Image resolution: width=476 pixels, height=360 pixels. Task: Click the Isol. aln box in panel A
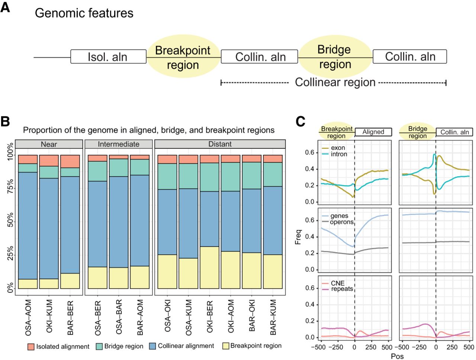[x=108, y=57]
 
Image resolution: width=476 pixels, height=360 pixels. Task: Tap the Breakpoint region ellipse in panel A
[x=183, y=57]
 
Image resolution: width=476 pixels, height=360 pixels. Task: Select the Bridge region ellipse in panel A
[x=335, y=57]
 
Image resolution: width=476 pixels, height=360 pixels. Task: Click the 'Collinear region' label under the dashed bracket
[x=335, y=82]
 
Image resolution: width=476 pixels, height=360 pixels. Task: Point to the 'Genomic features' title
[x=84, y=13]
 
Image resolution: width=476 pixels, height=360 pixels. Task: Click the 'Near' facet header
[x=49, y=144]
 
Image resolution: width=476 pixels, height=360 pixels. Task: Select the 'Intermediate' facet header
[x=119, y=144]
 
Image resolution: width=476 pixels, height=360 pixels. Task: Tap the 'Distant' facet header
[x=220, y=144]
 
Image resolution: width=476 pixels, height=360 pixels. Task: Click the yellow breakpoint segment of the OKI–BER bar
[x=209, y=267]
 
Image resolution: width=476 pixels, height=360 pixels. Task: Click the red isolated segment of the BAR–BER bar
[x=70, y=161]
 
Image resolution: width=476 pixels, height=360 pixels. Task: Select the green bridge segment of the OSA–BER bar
[x=97, y=171]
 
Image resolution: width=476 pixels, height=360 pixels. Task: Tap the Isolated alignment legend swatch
[x=31, y=347]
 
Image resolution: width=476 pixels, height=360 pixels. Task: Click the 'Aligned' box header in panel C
[x=373, y=132]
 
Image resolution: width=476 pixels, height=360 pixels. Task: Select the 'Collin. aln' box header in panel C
[x=454, y=132]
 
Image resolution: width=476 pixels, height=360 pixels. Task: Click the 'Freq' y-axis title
[x=298, y=238]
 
